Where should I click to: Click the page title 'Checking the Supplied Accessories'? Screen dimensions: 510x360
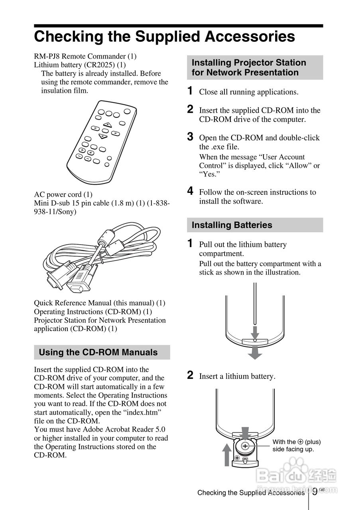click(x=164, y=37)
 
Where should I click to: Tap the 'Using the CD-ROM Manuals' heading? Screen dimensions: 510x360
click(x=98, y=352)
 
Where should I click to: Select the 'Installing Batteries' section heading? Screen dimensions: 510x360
click(x=232, y=225)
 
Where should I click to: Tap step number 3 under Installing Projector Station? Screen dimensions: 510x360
click(x=191, y=137)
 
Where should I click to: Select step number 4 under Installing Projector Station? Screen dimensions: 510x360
click(x=191, y=191)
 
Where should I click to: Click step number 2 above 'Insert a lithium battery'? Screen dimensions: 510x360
click(x=191, y=375)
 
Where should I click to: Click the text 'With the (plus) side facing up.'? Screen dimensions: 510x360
click(x=296, y=445)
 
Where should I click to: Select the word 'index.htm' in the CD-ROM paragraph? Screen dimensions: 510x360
click(x=143, y=412)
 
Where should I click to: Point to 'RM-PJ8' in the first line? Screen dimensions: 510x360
click(x=48, y=56)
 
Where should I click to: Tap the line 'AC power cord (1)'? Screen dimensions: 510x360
click(x=63, y=194)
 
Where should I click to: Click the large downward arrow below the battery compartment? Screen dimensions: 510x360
click(x=255, y=352)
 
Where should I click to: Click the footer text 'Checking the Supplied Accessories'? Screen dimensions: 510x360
click(x=251, y=493)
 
